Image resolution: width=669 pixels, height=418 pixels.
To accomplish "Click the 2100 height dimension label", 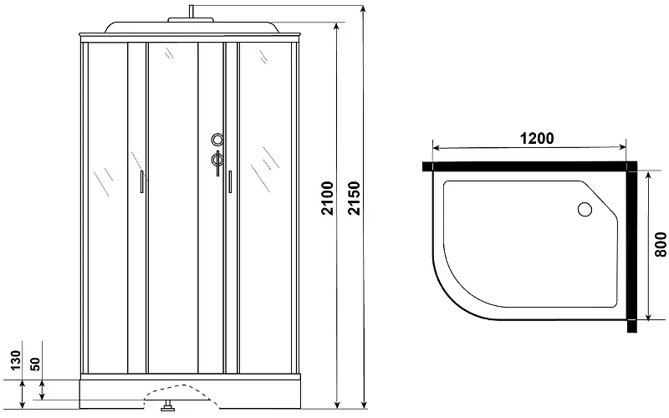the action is point(328,198).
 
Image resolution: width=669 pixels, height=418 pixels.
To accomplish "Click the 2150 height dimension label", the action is point(354,198).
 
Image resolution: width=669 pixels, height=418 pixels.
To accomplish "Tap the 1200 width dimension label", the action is point(537,138).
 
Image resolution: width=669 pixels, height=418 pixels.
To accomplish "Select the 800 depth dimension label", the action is point(660,244).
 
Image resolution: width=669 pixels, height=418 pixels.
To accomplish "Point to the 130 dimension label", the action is point(15,360).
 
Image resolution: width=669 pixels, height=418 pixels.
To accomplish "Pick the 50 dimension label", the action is point(35,364).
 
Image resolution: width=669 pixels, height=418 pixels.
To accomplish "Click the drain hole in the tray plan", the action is point(585,210).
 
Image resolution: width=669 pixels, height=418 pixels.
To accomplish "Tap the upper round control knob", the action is point(217,139).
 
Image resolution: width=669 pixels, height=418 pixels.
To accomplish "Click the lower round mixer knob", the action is point(217,160).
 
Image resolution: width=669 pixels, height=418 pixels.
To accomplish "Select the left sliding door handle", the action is point(141,181).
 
